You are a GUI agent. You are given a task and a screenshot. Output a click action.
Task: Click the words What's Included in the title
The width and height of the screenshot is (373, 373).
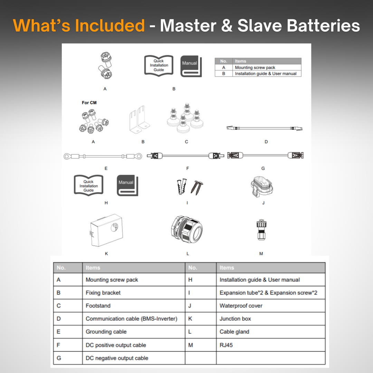79,26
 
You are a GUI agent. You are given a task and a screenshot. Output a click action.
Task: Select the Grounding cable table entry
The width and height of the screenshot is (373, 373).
106,332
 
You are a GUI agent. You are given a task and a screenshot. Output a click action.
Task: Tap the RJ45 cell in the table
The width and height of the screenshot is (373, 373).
226,345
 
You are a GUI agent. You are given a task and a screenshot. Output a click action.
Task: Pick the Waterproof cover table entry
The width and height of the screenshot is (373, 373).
241,306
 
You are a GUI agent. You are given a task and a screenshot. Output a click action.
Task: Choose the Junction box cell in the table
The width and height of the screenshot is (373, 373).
235,319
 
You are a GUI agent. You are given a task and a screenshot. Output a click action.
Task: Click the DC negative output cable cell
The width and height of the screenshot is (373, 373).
117,358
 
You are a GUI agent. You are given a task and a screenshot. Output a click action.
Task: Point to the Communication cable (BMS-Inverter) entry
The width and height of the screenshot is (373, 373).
131,319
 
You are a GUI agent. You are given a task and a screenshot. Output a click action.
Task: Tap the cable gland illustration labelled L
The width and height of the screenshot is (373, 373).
186,229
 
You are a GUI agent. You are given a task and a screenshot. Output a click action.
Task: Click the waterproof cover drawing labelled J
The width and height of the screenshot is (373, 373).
262,186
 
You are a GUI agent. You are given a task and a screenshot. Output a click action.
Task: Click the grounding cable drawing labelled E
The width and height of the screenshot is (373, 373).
103,156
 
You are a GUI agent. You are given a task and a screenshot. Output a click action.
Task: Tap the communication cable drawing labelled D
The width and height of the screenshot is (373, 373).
265,128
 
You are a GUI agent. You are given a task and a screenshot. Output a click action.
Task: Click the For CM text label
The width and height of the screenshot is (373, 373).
89,103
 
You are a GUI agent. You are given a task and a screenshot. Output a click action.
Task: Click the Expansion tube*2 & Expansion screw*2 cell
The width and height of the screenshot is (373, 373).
268,293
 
